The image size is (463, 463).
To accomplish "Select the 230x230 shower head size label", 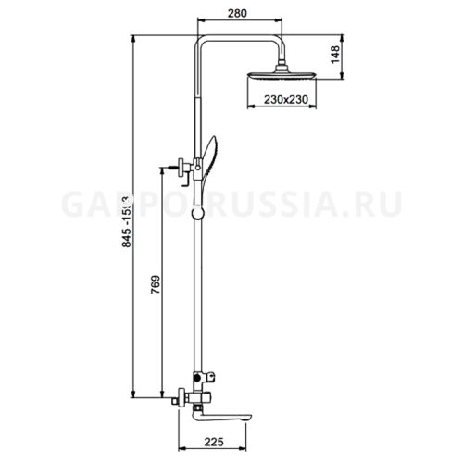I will click(283, 99).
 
